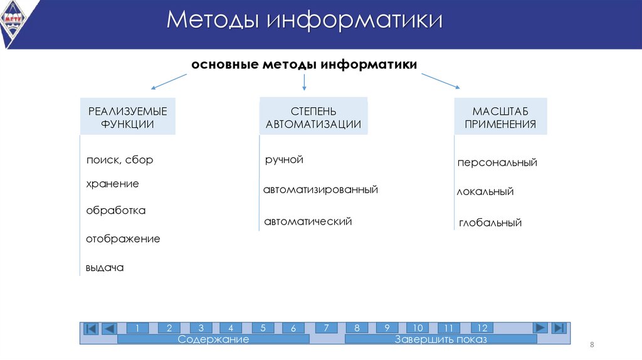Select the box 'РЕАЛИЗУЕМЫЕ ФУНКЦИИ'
click(127, 117)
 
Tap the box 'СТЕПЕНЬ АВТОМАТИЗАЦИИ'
click(313, 117)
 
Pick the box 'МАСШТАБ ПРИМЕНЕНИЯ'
click(500, 117)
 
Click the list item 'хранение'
click(112, 184)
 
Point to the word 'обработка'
click(115, 211)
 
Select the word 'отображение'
click(123, 239)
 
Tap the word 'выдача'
click(105, 268)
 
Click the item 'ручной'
click(284, 160)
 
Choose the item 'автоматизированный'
click(320, 189)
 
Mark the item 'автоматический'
click(308, 221)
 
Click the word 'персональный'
click(497, 163)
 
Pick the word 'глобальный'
click(490, 223)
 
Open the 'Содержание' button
click(213, 339)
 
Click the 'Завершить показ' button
click(441, 339)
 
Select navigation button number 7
click(326, 328)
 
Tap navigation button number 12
click(482, 328)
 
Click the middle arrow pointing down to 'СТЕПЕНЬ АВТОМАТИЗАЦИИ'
click(304, 82)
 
